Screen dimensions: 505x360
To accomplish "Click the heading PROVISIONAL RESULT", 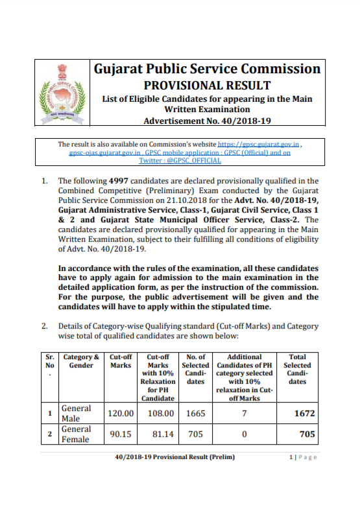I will click(207, 85).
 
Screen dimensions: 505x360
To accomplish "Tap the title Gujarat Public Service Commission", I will click(207, 69).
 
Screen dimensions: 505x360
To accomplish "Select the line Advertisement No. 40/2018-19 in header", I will click(207, 121).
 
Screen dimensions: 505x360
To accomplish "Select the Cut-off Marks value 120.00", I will click(120, 413).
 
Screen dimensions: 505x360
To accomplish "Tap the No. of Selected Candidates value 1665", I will click(195, 413).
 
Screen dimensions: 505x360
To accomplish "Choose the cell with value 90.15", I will click(120, 434).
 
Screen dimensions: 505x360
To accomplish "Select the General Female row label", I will click(76, 434).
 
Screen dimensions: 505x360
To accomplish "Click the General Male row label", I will click(76, 413).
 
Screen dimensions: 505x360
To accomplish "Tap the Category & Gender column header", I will click(81, 361).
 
